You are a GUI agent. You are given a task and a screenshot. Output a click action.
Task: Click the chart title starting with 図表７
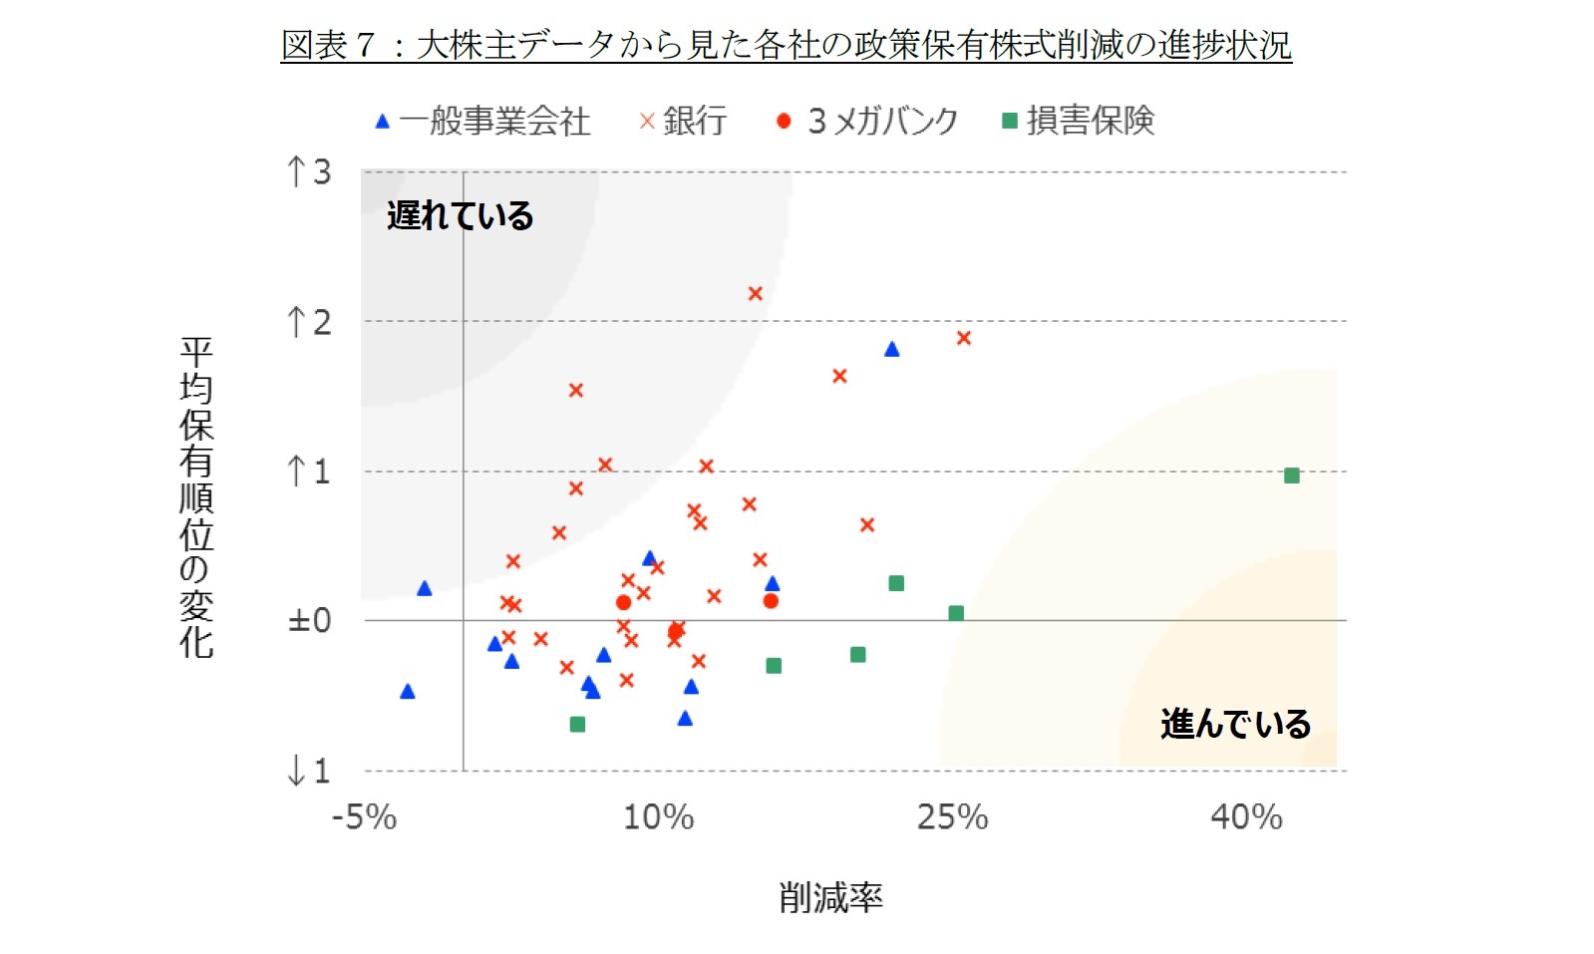pyautogui.click(x=786, y=45)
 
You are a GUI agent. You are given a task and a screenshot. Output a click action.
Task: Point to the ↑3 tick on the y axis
pyautogui.click(x=309, y=172)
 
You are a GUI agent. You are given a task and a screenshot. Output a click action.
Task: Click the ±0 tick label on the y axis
pyautogui.click(x=309, y=620)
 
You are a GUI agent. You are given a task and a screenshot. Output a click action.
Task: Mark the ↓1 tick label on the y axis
pyautogui.click(x=309, y=771)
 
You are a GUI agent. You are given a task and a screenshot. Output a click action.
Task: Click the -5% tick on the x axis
pyautogui.click(x=364, y=817)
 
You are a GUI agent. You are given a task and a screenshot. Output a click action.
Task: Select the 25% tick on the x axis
pyautogui.click(x=952, y=817)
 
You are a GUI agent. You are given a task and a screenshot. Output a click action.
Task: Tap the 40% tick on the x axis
pyautogui.click(x=1246, y=817)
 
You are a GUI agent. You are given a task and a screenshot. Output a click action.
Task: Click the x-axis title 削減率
pyautogui.click(x=830, y=897)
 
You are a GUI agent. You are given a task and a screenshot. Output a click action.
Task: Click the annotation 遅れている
pyautogui.click(x=460, y=215)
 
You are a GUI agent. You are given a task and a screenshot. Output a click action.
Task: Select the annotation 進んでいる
pyautogui.click(x=1235, y=724)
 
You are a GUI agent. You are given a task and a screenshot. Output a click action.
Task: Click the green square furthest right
pyautogui.click(x=1291, y=476)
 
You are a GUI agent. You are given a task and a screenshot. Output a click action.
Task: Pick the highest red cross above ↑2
pyautogui.click(x=755, y=293)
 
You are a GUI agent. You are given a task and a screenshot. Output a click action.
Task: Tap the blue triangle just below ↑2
pyautogui.click(x=891, y=349)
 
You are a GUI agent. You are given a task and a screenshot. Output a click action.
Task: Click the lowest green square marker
pyautogui.click(x=577, y=724)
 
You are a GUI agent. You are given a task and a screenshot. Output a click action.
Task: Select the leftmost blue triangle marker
pyautogui.click(x=407, y=692)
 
